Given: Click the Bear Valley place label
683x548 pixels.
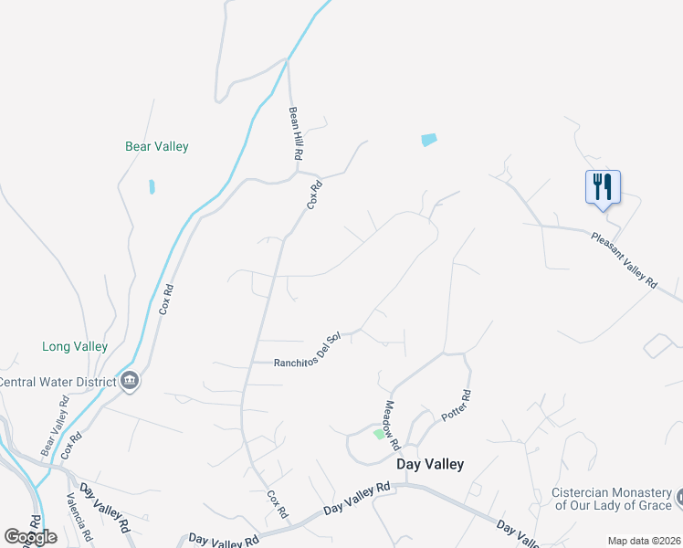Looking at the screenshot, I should click(156, 146).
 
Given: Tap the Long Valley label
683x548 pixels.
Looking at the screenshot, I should click(75, 347).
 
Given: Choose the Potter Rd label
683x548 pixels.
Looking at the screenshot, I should click(456, 406).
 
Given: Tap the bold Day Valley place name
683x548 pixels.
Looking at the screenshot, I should click(430, 464).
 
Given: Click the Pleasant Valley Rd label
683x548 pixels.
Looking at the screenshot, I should click(624, 260).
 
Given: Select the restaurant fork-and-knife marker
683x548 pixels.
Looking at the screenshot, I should click(603, 187).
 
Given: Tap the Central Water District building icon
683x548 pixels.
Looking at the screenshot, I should click(129, 381).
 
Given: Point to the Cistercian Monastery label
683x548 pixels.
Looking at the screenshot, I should click(612, 499).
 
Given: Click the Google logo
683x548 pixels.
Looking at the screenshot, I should click(31, 537).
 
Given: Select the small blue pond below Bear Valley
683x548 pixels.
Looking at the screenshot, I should click(152, 187).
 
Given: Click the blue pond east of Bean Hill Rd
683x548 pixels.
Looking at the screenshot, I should click(429, 140).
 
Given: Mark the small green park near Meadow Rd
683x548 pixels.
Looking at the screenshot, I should click(379, 433).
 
